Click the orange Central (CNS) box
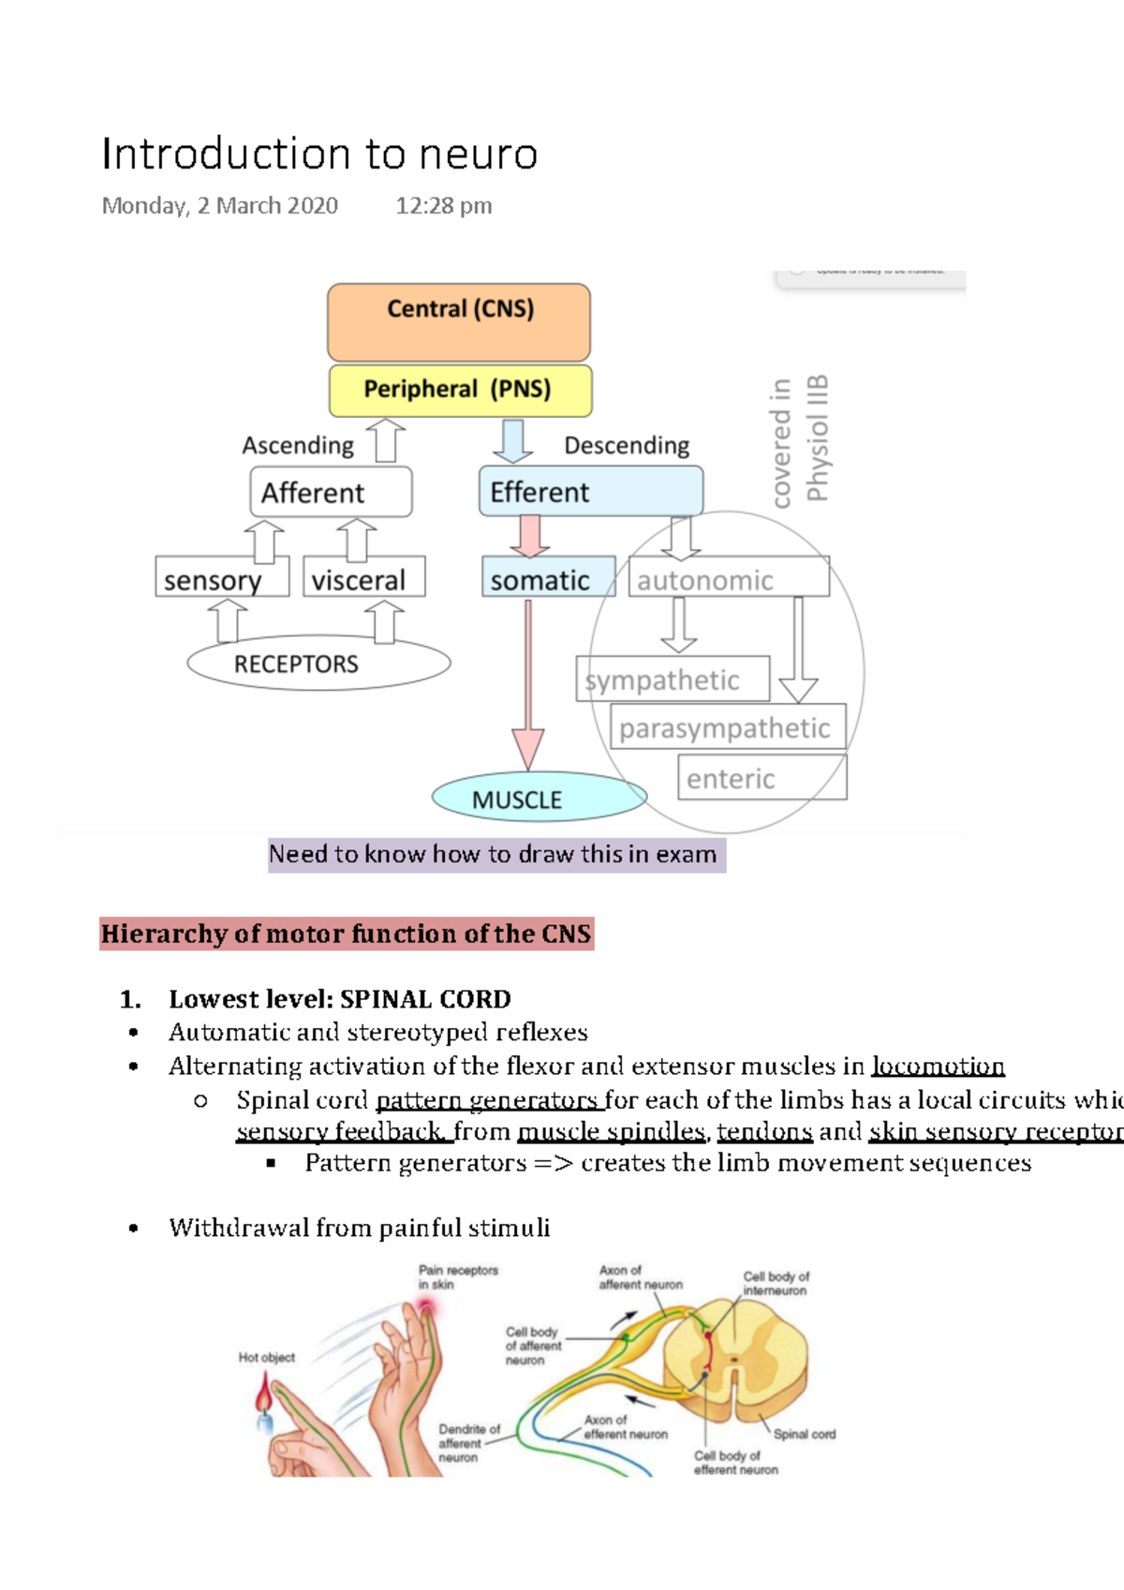pyautogui.click(x=459, y=323)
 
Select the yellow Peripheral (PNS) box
pyautogui.click(x=460, y=390)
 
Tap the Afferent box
pyautogui.click(x=331, y=493)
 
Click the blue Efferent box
pyautogui.click(x=590, y=492)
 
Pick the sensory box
pyautogui.click(x=222, y=579)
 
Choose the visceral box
pyautogui.click(x=364, y=579)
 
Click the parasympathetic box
pyautogui.click(x=727, y=728)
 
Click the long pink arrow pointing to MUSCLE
pyautogui.click(x=528, y=684)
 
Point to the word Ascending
pyautogui.click(x=298, y=445)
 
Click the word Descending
pyautogui.click(x=627, y=445)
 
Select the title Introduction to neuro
pyautogui.click(x=319, y=154)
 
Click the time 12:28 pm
pyautogui.click(x=443, y=205)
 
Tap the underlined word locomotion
pyautogui.click(x=938, y=1067)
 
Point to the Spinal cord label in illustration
pyautogui.click(x=804, y=1434)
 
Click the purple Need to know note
pyautogui.click(x=495, y=854)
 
